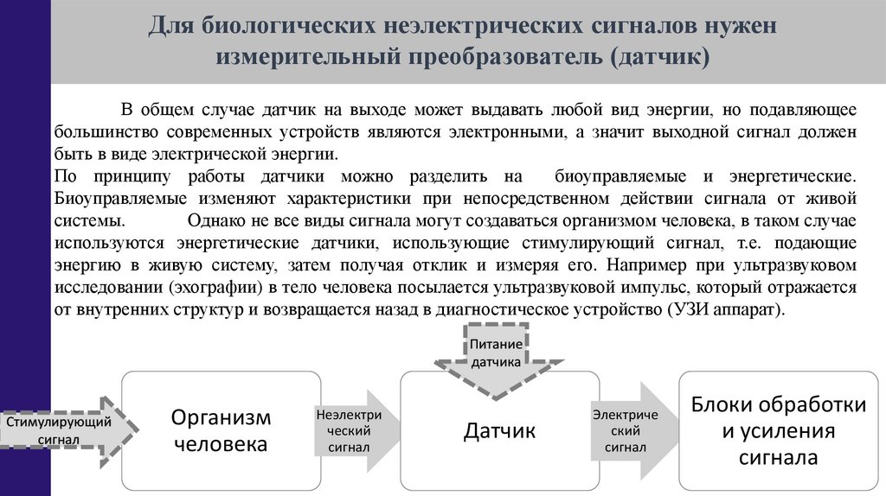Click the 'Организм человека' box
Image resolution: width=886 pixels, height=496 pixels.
[x=221, y=430]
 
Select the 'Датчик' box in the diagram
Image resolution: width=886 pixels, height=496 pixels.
[x=500, y=430]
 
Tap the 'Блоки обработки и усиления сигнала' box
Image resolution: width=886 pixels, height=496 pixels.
[x=779, y=430]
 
